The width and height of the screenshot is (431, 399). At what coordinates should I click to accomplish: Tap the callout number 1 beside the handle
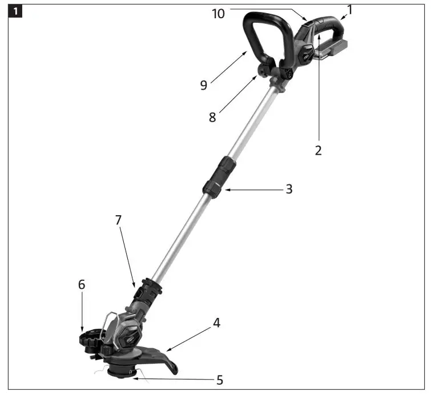[x=350, y=9]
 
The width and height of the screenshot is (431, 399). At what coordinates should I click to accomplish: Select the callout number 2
[x=319, y=151]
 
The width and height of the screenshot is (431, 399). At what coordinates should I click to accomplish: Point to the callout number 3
[x=289, y=189]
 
